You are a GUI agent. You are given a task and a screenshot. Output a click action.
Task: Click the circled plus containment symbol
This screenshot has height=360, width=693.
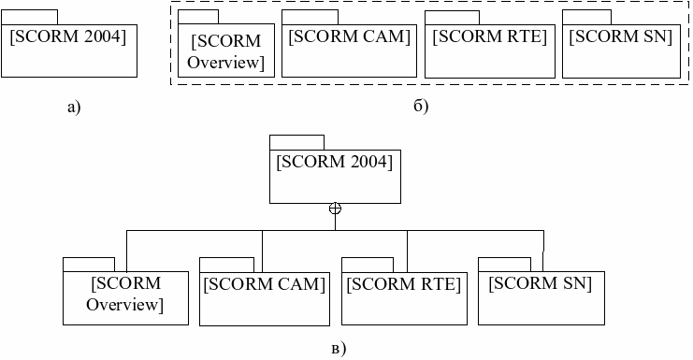[335, 209]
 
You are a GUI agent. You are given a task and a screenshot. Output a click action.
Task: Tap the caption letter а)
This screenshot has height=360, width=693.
[74, 108]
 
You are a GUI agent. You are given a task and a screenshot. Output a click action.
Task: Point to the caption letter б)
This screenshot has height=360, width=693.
[421, 106]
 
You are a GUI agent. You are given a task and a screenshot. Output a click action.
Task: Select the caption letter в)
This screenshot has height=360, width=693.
[339, 349]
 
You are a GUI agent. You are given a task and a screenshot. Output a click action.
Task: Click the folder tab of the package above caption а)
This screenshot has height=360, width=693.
[29, 17]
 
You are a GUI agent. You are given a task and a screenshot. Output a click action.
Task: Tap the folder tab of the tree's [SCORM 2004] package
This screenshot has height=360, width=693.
[297, 143]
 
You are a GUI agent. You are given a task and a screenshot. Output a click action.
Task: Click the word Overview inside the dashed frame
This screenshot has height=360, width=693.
[225, 63]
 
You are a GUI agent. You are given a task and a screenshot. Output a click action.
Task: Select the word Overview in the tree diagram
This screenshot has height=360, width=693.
[124, 304]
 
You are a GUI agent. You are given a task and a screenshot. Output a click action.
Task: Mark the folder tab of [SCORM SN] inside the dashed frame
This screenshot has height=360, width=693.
[587, 17]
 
